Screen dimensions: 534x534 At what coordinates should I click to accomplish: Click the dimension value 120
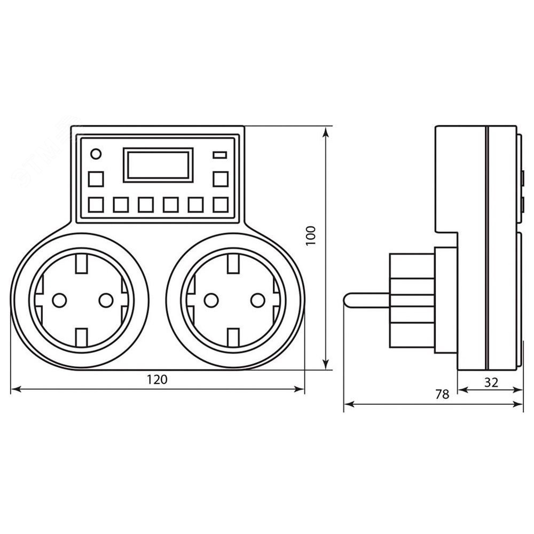coord(157,380)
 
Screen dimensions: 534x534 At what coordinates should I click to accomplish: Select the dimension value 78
coord(442,395)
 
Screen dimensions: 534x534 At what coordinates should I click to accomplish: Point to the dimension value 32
coord(491,382)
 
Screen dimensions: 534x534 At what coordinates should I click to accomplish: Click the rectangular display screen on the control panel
coord(158,164)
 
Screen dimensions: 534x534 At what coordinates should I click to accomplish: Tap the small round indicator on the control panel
coord(96,154)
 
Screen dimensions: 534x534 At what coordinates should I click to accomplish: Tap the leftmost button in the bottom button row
coord(96,205)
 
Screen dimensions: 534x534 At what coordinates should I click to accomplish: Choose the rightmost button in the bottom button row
coord(220,205)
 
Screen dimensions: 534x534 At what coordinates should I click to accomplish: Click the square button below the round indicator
coord(96,179)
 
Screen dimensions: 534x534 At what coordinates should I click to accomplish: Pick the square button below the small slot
coord(220,179)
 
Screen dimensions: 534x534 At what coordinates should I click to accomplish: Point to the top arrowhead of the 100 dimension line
coord(326,131)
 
